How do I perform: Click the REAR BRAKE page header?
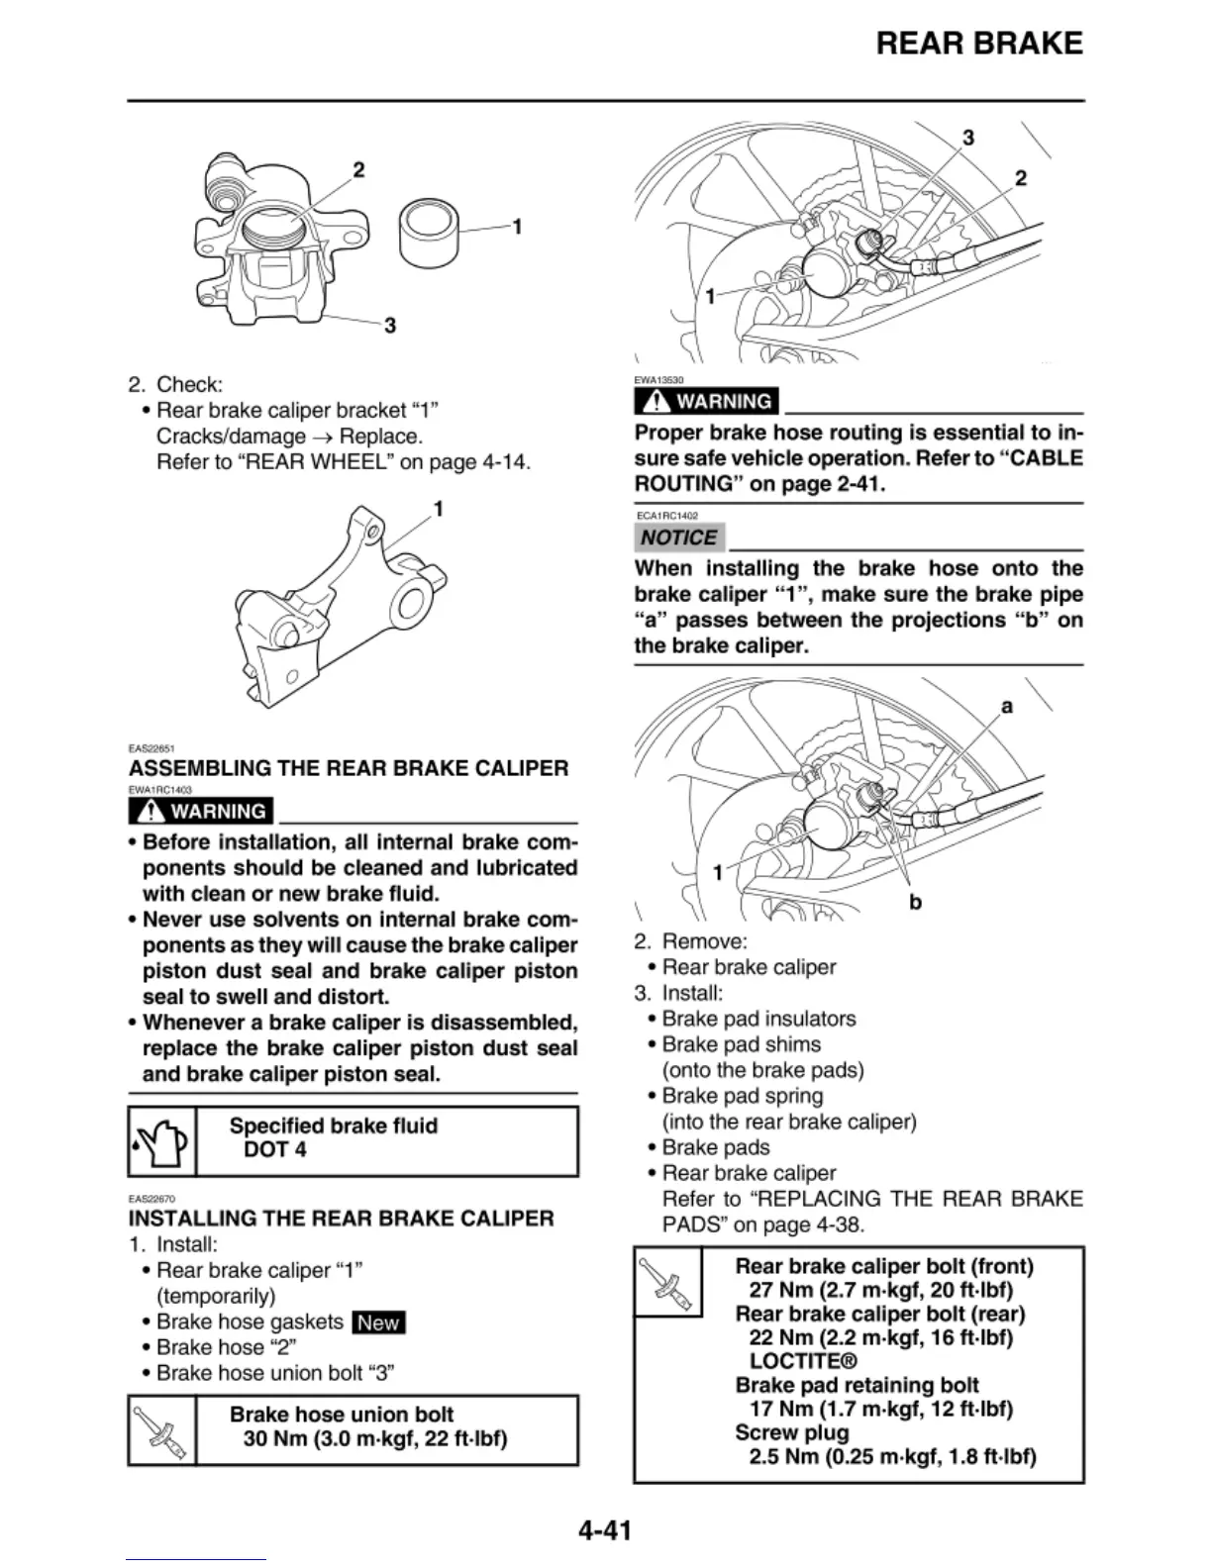[978, 44]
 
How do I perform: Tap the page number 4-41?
[605, 1530]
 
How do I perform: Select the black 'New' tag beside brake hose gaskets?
[378, 1323]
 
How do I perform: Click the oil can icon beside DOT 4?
[162, 1141]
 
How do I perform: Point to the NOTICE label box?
[679, 538]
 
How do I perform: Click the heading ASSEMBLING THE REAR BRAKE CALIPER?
[349, 768]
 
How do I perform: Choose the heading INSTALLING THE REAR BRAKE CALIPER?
[341, 1218]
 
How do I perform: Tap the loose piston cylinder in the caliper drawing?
[429, 233]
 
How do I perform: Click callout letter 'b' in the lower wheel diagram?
[915, 902]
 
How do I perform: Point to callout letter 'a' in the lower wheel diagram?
[1007, 706]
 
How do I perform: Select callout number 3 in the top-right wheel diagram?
[968, 138]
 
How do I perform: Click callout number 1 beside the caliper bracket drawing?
[438, 509]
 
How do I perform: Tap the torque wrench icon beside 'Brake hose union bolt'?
[162, 1430]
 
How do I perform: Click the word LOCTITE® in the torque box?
[803, 1361]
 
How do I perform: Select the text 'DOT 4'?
[274, 1149]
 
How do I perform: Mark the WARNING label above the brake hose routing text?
[707, 401]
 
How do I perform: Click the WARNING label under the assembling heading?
[202, 811]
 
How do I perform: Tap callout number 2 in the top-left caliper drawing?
[358, 169]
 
